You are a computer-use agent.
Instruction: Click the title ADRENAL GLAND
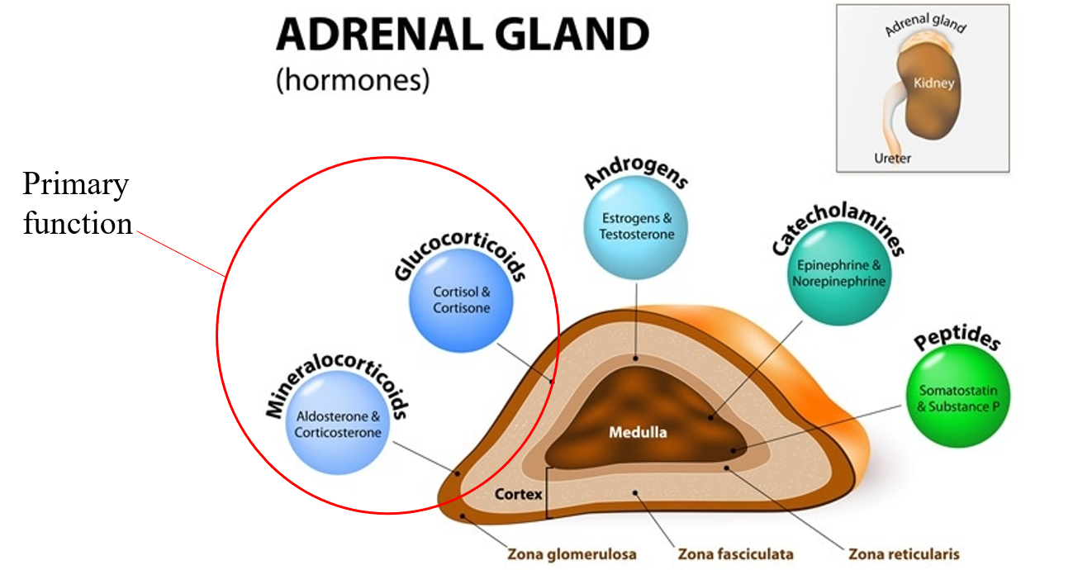pos(462,36)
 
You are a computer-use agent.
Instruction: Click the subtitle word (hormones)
pos(353,82)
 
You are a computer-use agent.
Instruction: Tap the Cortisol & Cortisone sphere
pos(461,300)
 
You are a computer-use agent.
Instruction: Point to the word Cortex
pos(518,495)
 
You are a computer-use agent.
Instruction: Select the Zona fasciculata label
pos(735,554)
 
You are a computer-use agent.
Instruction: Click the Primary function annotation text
pos(77,204)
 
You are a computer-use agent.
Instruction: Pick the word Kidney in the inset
pos(934,83)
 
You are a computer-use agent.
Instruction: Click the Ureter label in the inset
pos(892,157)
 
